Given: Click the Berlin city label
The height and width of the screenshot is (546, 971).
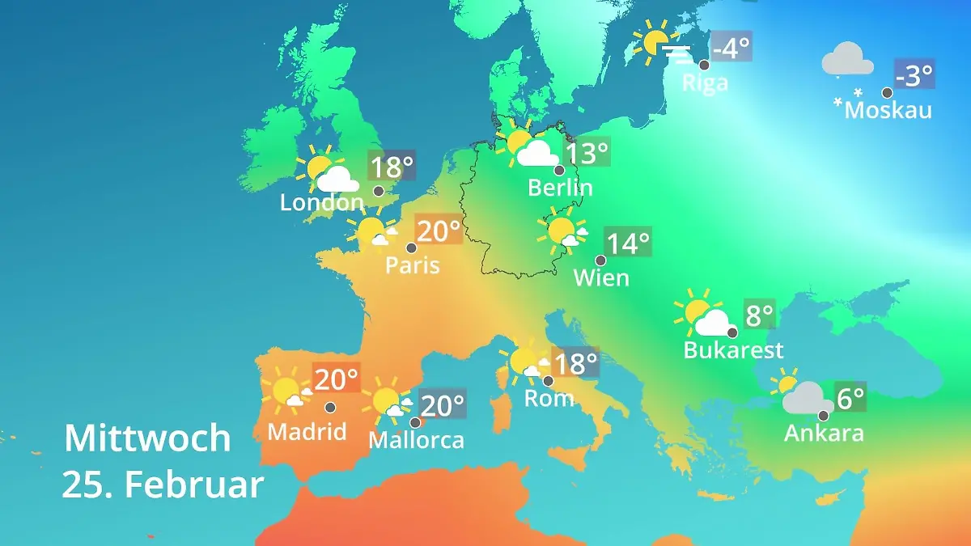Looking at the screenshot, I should point(560,188).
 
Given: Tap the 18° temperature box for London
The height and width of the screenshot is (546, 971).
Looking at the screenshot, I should point(391,167).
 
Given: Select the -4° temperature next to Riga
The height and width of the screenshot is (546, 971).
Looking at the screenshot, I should point(731,48).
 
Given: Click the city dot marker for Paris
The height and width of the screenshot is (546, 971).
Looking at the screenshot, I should point(411,248).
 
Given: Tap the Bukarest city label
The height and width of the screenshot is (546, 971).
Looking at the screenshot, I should point(733,349).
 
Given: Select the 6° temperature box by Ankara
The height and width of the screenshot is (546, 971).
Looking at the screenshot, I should point(850,397).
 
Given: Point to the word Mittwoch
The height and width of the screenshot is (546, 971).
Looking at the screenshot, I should point(147,438).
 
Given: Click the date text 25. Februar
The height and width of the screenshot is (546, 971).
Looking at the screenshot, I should point(163,485).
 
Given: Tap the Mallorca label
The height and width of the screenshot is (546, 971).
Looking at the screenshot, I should point(416,440).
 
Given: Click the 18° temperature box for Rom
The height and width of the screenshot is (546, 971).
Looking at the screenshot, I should point(574,363).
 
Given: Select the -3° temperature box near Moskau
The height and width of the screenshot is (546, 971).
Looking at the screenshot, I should point(914,75).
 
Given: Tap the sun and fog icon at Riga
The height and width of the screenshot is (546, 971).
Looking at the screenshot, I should point(662,44).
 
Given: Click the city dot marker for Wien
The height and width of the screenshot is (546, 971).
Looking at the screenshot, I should point(600,260).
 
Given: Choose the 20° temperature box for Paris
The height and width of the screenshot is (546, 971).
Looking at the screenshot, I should point(438,231).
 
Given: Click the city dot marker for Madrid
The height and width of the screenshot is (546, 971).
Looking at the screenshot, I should point(330,408).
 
